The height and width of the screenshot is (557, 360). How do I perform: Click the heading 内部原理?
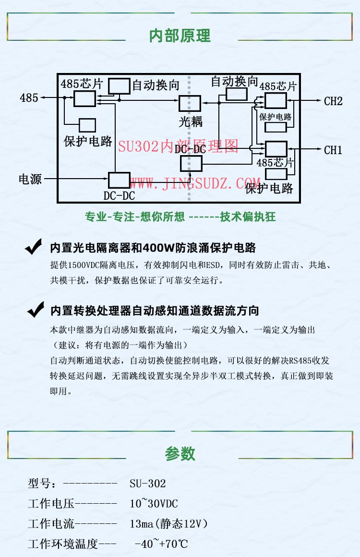click(x=180, y=36)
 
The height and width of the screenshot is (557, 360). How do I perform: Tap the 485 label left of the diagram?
click(x=29, y=98)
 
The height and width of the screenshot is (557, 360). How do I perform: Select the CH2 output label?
click(x=333, y=101)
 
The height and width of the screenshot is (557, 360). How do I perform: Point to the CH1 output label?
click(x=333, y=150)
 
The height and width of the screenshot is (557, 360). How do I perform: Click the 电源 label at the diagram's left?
click(x=30, y=180)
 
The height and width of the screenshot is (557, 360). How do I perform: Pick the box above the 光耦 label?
click(x=190, y=104)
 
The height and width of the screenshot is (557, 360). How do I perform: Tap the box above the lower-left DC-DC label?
click(x=119, y=180)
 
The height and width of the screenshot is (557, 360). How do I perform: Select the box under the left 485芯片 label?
click(x=84, y=98)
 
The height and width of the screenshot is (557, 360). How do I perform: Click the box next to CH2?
click(x=276, y=101)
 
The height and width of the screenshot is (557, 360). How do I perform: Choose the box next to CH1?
click(x=276, y=149)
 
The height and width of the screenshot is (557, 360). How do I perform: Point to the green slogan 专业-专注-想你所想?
click(x=134, y=217)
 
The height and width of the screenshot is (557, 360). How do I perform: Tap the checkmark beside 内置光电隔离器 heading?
click(x=34, y=248)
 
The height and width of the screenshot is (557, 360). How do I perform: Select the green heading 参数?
click(x=180, y=453)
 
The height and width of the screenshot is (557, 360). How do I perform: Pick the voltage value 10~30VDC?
click(x=154, y=504)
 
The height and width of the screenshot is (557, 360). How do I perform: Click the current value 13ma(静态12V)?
click(x=168, y=524)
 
